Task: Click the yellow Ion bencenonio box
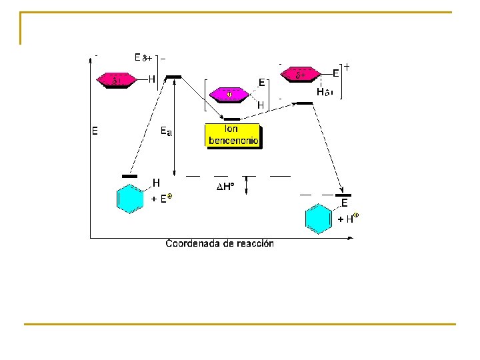click(x=233, y=135)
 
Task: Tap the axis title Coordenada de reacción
click(x=219, y=243)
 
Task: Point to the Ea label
click(x=166, y=132)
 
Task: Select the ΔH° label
click(x=226, y=187)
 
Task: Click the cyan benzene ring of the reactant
click(x=130, y=199)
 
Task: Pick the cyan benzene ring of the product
click(x=318, y=219)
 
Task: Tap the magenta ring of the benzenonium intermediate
click(x=229, y=95)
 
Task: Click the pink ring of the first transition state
click(x=116, y=80)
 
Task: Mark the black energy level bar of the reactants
click(x=129, y=177)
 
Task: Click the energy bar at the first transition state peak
click(x=173, y=77)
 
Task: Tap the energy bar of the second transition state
click(x=304, y=103)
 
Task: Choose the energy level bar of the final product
click(x=343, y=195)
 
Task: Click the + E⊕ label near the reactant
click(x=162, y=198)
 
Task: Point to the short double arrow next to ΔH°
click(x=247, y=185)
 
